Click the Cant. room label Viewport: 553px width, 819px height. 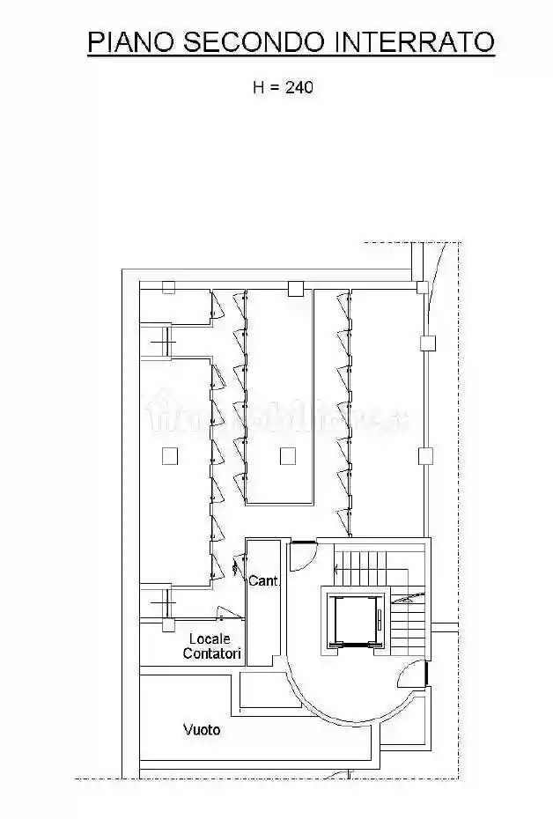tap(263, 581)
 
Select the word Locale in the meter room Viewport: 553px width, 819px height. tap(210, 638)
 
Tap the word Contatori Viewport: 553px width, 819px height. tap(212, 653)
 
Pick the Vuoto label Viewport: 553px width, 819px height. tap(202, 729)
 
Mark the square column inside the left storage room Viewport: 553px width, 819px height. tap(170, 455)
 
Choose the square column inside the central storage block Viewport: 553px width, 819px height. tap(286, 455)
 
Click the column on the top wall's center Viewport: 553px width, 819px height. tap(295, 287)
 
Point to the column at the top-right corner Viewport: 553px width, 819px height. tap(423, 287)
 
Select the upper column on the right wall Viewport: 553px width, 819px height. tap(427, 343)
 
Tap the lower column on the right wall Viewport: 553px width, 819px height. tap(426, 455)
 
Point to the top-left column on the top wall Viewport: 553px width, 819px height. tap(168, 286)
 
